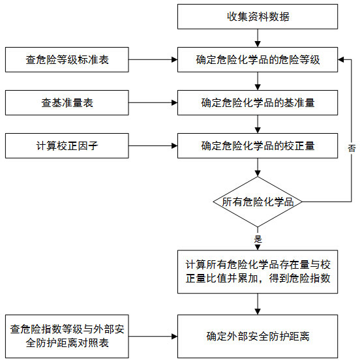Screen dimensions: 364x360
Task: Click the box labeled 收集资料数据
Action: click(x=258, y=16)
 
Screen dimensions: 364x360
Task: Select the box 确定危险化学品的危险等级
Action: click(x=258, y=59)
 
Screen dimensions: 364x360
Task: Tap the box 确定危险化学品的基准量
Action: click(x=258, y=102)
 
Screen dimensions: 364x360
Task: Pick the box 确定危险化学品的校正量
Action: click(x=258, y=145)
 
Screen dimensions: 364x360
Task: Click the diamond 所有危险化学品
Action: click(x=258, y=202)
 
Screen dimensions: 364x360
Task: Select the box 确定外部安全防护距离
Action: click(x=258, y=337)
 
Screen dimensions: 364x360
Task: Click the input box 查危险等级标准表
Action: click(x=67, y=59)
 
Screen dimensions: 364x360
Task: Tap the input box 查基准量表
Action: click(x=67, y=102)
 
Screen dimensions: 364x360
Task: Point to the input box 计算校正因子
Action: click(x=67, y=145)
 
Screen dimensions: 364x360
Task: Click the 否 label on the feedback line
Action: click(x=351, y=149)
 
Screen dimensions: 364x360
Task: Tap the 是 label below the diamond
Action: click(x=258, y=239)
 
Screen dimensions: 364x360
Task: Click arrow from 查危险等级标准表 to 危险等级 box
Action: click(x=154, y=59)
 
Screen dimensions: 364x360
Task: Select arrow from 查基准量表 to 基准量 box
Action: click(x=154, y=102)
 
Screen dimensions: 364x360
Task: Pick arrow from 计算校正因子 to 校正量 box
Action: click(x=154, y=145)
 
